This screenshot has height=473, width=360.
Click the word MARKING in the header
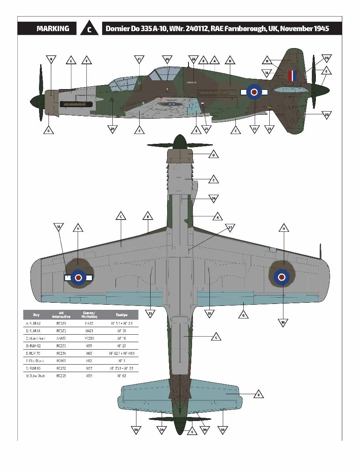53,29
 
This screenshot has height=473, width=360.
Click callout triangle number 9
50,60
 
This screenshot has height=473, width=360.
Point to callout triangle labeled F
86,61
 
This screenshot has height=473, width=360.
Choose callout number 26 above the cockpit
167,60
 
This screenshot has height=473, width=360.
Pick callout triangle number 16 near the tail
267,73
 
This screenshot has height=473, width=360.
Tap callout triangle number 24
112,129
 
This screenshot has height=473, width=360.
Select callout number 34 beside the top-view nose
213,198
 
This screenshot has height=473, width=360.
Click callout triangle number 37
230,228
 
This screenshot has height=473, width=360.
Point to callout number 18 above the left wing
58,227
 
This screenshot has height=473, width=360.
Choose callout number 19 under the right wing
283,322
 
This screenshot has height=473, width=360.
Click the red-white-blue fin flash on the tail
292,76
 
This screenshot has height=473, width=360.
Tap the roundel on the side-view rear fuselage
254,92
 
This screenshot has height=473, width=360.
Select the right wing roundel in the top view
282,277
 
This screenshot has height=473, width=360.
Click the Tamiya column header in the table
121,315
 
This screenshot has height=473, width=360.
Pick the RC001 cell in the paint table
61,361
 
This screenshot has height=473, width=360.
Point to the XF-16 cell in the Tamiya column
121,338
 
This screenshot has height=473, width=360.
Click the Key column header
36,315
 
